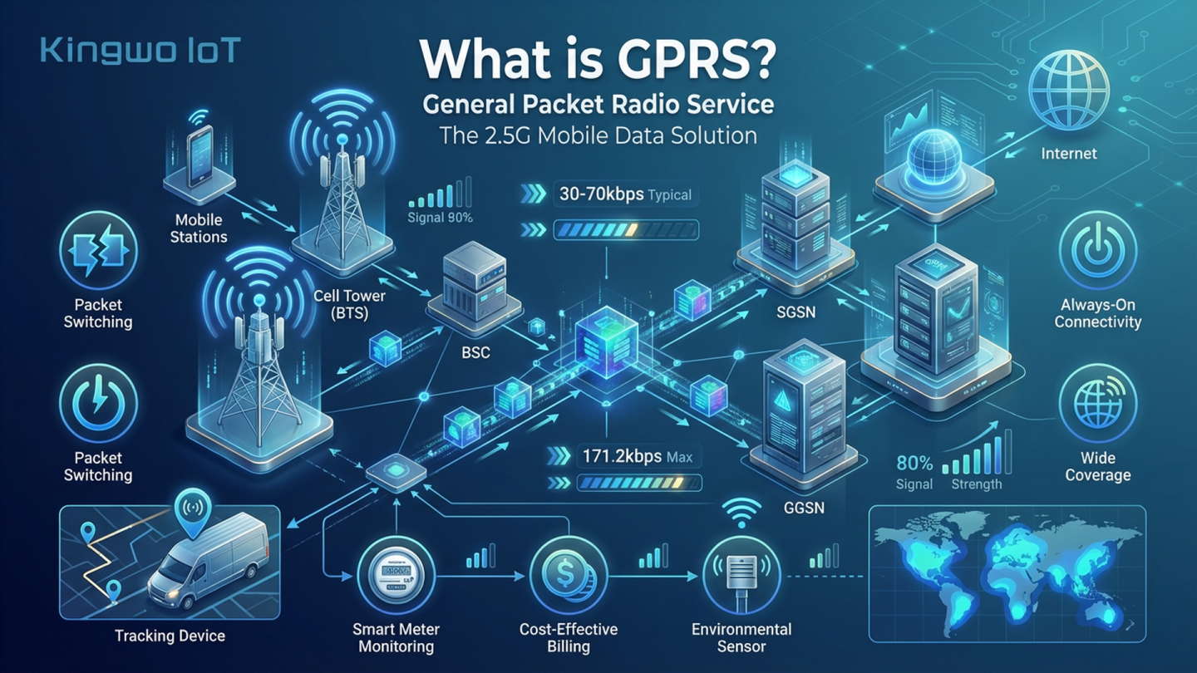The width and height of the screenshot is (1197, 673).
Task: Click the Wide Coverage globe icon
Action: (1097, 404)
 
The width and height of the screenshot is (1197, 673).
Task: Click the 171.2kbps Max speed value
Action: (618, 456)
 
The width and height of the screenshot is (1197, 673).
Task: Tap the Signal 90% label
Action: (441, 218)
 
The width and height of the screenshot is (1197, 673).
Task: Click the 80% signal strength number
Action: (914, 464)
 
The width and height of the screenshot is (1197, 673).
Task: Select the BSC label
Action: (475, 352)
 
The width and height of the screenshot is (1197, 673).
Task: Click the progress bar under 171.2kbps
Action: (639, 483)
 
